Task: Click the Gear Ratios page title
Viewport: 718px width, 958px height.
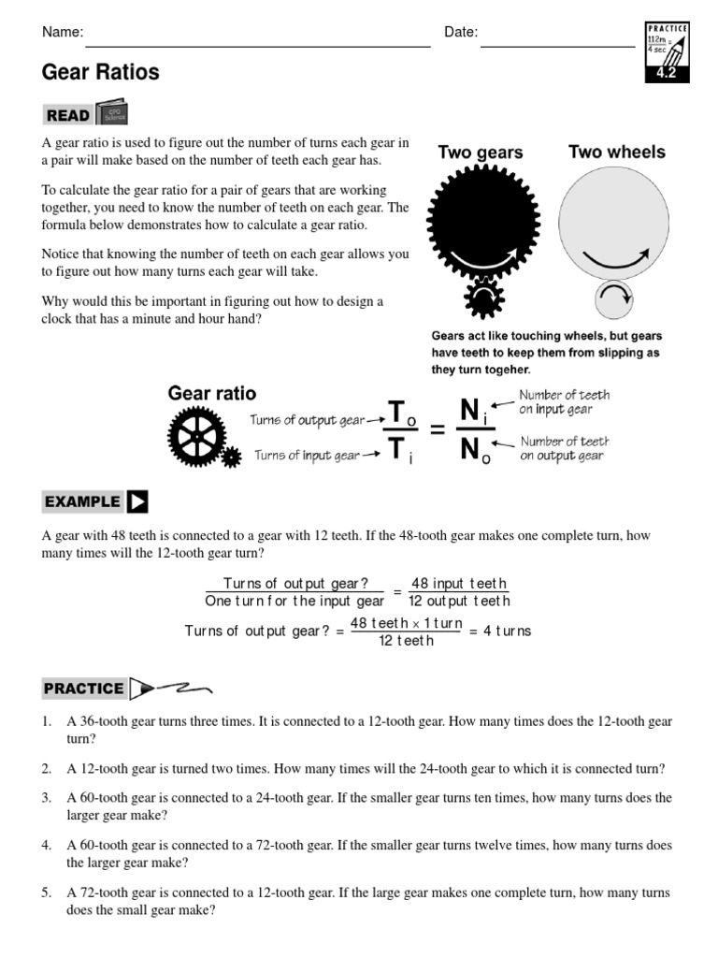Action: (101, 72)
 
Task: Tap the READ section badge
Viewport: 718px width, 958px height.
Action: (67, 115)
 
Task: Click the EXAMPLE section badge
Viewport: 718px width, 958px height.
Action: (82, 501)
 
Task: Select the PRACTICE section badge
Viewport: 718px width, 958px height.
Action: (83, 689)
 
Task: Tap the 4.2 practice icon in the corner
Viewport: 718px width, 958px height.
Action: (667, 52)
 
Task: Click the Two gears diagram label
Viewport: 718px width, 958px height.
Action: (481, 152)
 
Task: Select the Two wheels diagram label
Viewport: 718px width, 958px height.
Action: (617, 152)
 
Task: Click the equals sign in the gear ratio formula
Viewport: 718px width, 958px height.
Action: (436, 430)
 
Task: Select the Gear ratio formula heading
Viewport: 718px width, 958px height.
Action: (212, 393)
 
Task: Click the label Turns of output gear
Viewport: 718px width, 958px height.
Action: (307, 421)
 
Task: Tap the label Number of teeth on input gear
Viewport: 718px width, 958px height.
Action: (555, 402)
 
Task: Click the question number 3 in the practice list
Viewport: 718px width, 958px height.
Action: (46, 798)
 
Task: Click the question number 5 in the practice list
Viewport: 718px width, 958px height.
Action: (46, 893)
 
